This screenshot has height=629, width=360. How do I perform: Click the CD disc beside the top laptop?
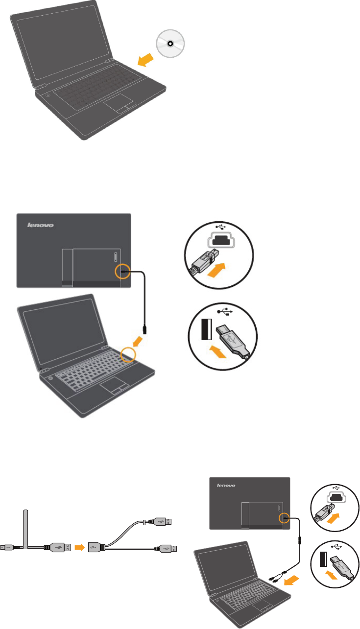point(169,43)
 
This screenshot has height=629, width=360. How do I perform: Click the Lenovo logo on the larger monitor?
point(40,226)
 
